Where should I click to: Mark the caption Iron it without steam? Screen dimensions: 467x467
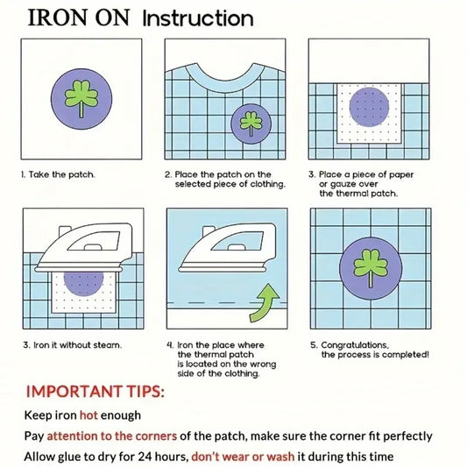[x=72, y=345]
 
